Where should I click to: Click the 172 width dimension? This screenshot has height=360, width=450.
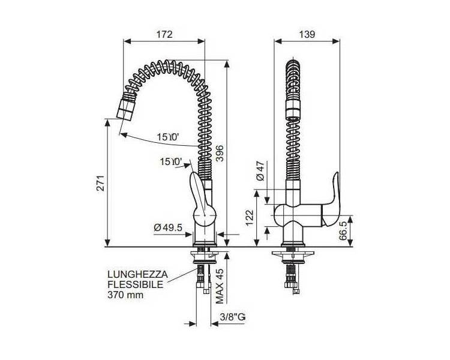(x=164, y=34)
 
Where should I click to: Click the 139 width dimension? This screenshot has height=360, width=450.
(x=307, y=34)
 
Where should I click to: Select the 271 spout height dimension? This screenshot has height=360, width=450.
(x=100, y=183)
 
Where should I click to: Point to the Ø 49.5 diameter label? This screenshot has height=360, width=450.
(x=168, y=227)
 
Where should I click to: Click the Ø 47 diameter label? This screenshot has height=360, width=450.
(x=260, y=170)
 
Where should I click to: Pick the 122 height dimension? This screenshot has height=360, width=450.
(x=250, y=218)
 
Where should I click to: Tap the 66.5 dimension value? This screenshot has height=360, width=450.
(x=343, y=230)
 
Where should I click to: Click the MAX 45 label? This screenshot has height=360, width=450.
(x=220, y=286)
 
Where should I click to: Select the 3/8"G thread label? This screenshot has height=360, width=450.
(x=233, y=317)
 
